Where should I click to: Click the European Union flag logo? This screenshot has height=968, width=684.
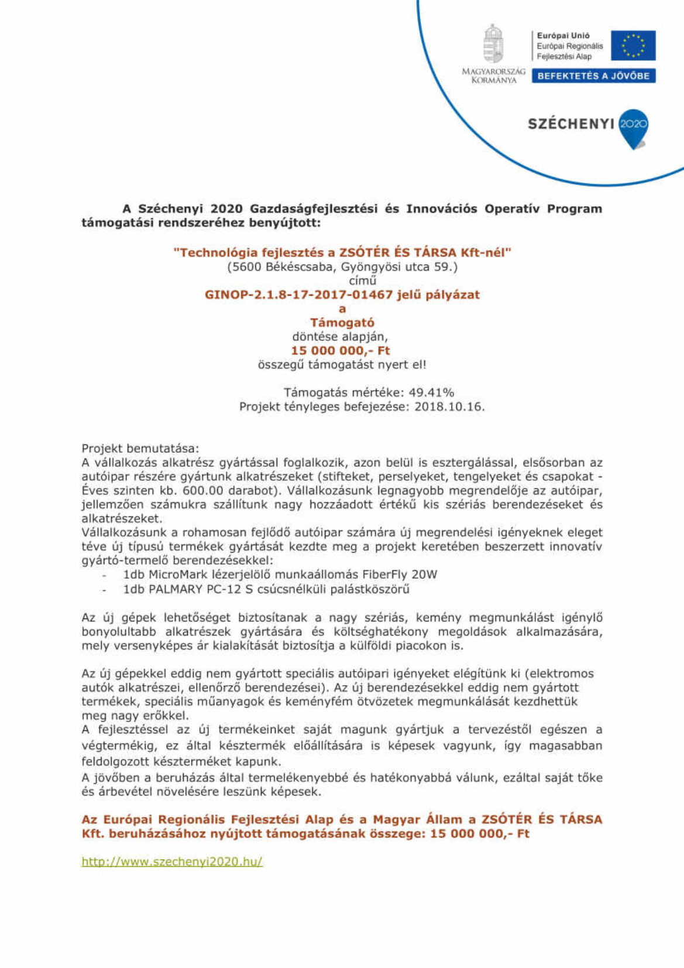633,46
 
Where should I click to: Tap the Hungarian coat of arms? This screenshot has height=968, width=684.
493,44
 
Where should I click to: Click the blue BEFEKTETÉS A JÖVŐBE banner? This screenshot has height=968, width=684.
593,76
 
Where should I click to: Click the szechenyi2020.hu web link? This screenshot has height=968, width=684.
172,861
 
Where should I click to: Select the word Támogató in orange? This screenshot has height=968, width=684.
342,323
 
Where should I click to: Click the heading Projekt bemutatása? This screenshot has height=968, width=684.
140,449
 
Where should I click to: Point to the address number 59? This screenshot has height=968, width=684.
449,267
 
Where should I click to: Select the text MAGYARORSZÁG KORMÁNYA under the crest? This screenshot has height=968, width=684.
493,76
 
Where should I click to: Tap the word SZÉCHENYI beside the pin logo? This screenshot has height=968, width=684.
571,124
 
